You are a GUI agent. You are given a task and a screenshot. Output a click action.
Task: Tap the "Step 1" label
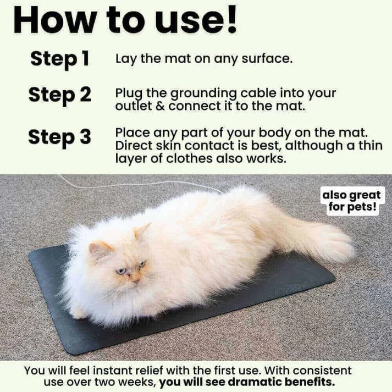click(x=60, y=58)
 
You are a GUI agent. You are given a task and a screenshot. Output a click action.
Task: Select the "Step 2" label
click(x=60, y=95)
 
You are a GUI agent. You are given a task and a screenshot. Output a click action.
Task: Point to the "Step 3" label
click(x=60, y=137)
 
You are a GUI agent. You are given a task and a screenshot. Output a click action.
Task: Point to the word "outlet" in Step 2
click(x=132, y=106)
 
